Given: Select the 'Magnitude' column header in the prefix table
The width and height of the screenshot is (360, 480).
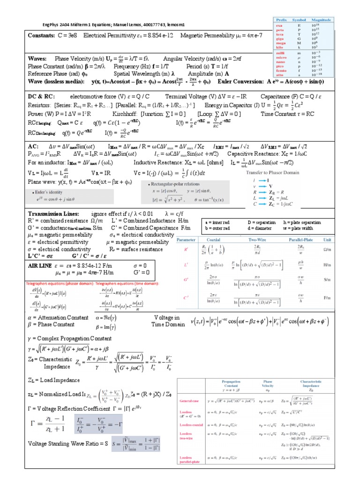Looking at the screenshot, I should point(322,20).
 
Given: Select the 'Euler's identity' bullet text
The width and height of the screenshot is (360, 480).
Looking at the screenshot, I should point(47,192).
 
